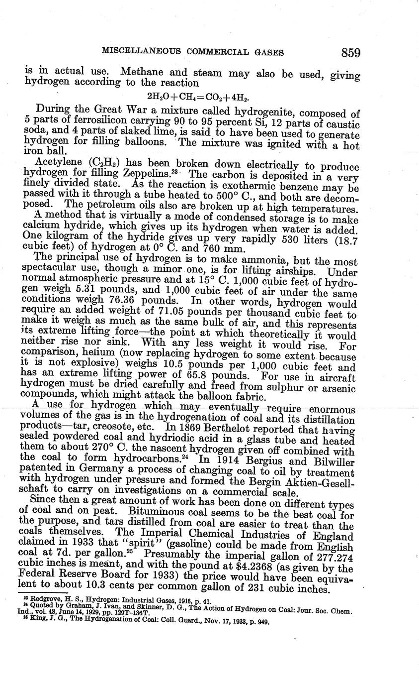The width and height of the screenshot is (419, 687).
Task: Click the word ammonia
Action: click(246, 260)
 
